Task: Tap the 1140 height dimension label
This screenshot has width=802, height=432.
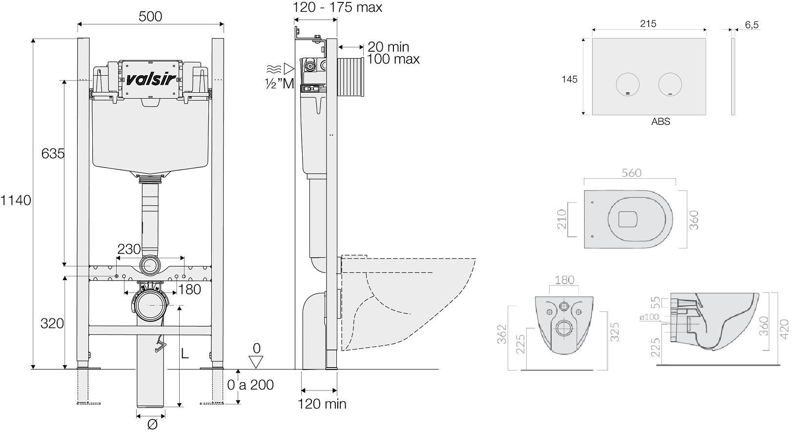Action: (16, 201)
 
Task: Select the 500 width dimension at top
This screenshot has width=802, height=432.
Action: (150, 17)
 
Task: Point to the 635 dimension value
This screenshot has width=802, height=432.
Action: (53, 154)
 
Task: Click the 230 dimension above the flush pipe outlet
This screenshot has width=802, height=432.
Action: (129, 249)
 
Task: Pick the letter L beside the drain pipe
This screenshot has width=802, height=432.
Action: (185, 354)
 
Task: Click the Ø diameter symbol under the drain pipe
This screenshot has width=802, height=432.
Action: (152, 425)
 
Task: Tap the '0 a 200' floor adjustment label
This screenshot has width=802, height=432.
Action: (250, 385)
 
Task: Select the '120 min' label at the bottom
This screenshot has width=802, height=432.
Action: (322, 404)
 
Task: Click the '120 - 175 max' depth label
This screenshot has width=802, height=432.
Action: (338, 7)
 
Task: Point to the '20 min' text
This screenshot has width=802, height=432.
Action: (389, 47)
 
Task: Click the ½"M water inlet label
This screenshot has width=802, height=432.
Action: (279, 83)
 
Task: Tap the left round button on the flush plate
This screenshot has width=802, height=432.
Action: (628, 85)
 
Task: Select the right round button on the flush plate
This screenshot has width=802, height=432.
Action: (670, 85)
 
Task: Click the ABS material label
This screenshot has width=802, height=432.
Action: (660, 122)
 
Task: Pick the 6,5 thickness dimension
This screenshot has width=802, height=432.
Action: (752, 25)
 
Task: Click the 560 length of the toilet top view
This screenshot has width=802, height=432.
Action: (631, 173)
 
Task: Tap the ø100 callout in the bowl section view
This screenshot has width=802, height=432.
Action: (649, 317)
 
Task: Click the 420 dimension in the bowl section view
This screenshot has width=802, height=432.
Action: (784, 329)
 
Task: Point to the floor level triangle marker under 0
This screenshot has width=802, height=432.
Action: (256, 362)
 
